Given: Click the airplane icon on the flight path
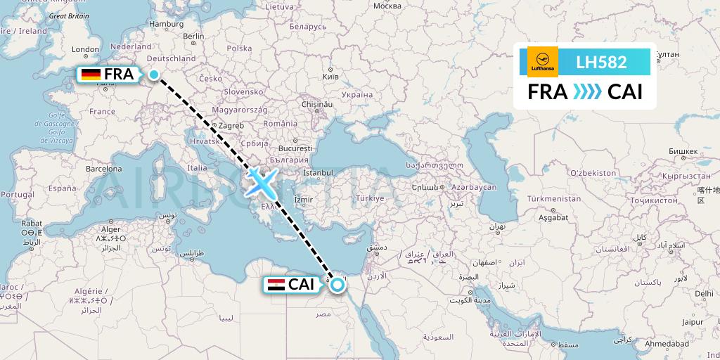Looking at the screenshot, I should (260, 182).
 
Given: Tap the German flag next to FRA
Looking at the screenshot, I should (90, 75).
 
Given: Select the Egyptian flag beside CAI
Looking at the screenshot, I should (275, 285).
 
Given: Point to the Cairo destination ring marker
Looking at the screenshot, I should (337, 285).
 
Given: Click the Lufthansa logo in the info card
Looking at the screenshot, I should (543, 62).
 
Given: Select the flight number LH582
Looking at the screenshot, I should (601, 62).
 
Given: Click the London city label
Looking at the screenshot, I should (85, 49).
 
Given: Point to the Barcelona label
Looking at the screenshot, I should (104, 169).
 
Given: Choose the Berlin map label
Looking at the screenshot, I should (193, 36).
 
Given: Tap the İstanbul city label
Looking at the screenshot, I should (317, 172).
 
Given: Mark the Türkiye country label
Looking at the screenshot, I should (370, 198).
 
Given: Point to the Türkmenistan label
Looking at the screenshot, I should (555, 199).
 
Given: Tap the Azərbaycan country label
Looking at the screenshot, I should (474, 188).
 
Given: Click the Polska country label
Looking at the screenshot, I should (239, 49).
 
